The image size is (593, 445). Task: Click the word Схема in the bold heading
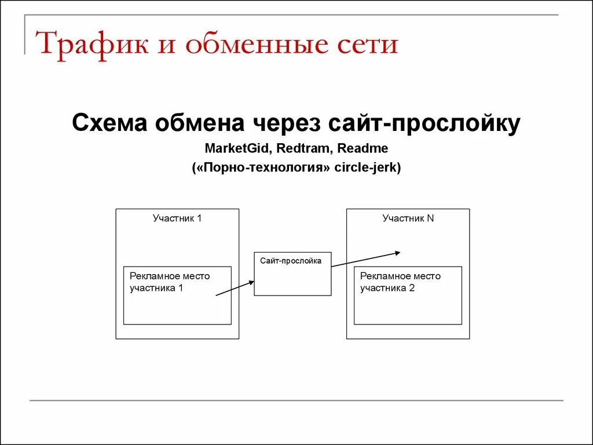(109, 123)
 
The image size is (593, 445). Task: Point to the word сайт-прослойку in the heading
(424, 123)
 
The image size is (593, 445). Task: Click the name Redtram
(302, 148)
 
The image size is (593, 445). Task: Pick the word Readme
(363, 148)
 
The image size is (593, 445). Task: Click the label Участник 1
(177, 218)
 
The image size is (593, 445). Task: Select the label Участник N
(408, 218)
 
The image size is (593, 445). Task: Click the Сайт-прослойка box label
(291, 261)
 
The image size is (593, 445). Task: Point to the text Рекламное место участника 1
(170, 282)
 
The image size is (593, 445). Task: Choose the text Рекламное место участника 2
(400, 282)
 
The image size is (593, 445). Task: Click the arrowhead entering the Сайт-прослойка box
(251, 282)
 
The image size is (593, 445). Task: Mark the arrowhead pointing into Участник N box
(397, 252)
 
